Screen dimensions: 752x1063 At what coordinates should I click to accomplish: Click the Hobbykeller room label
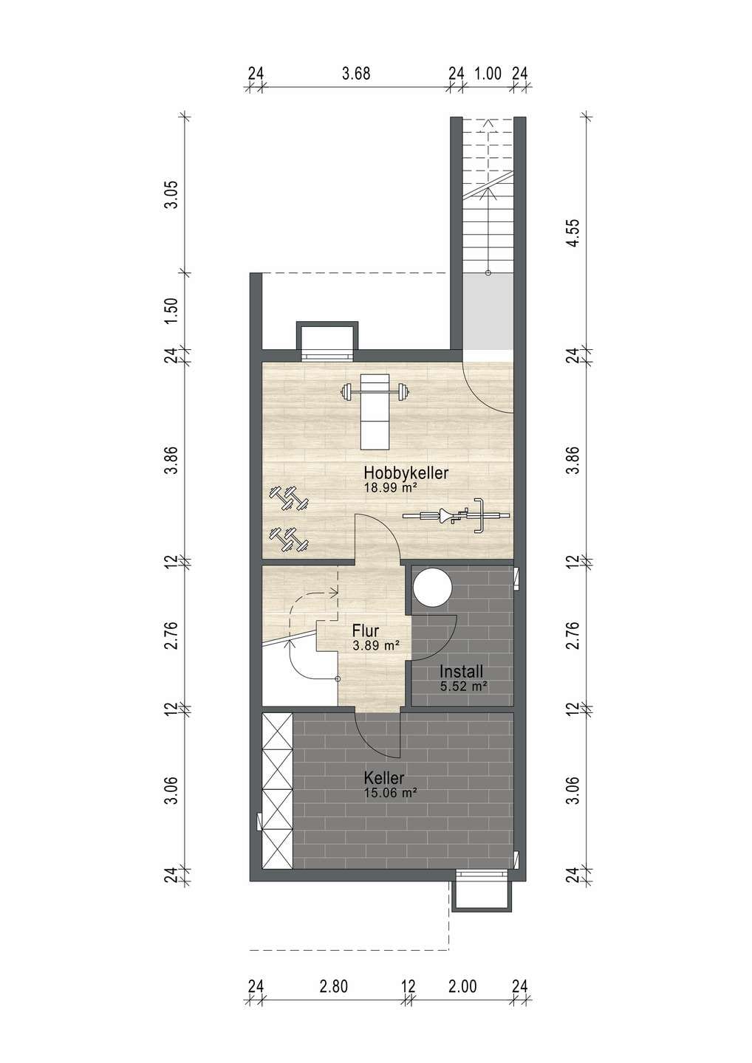pos(406,473)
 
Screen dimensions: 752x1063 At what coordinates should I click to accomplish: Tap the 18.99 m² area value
pos(391,487)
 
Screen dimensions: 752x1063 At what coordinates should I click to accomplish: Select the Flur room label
pos(366,630)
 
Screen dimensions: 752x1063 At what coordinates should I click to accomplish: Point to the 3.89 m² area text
pos(375,645)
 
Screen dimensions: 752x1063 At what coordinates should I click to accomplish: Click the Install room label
pos(461,672)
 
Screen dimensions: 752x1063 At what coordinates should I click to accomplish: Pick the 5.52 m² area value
pos(464,686)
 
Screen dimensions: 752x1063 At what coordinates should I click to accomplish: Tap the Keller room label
pos(384,778)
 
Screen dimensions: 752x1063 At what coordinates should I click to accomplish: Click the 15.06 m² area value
pos(391,792)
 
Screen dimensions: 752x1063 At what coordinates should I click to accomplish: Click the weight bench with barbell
pos(375,411)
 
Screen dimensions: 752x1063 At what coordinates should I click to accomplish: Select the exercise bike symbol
pos(456,515)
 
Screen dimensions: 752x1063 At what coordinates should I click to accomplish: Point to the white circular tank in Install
pos(432,588)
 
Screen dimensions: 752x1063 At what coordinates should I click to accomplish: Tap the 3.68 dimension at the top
pos(356,74)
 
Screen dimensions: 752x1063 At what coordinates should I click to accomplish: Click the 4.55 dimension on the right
pos(575,233)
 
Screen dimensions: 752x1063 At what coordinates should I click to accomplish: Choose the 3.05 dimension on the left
pos(173,194)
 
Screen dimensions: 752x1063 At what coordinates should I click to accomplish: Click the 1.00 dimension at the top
pos(488,74)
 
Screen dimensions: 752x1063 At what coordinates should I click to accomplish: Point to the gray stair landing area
pos(488,312)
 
